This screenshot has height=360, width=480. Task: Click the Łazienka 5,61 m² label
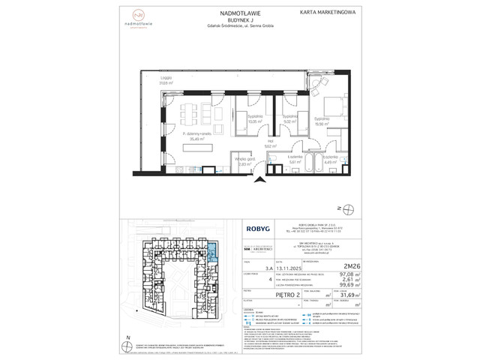tap(294, 159)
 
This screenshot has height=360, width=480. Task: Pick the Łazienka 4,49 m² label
tap(331, 159)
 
